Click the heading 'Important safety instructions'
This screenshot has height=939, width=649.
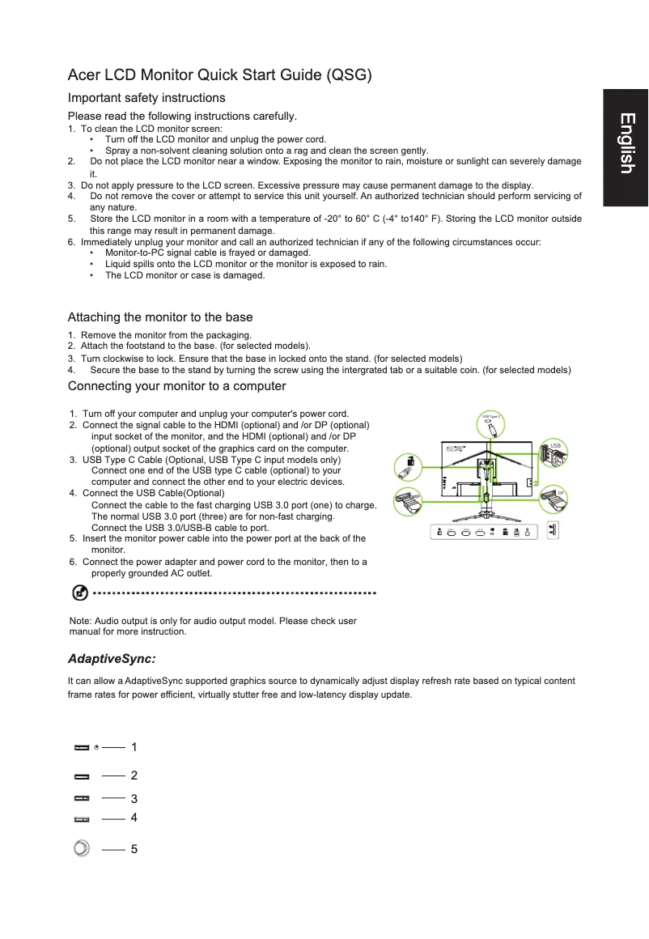pyautogui.click(x=146, y=98)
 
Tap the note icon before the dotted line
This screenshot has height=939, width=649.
pyautogui.click(x=79, y=593)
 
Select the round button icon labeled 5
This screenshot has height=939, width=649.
pyautogui.click(x=81, y=848)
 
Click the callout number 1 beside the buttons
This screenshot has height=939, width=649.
pyautogui.click(x=134, y=746)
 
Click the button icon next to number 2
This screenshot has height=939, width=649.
pyautogui.click(x=82, y=776)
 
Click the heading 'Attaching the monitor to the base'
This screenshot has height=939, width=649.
pyautogui.click(x=160, y=317)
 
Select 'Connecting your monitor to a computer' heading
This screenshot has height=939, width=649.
pyautogui.click(x=176, y=385)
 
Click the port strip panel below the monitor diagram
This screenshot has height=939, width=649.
pyautogui.click(x=483, y=532)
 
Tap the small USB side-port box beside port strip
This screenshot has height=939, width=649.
pyautogui.click(x=554, y=531)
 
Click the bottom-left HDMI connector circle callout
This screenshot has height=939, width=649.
pyautogui.click(x=407, y=503)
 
